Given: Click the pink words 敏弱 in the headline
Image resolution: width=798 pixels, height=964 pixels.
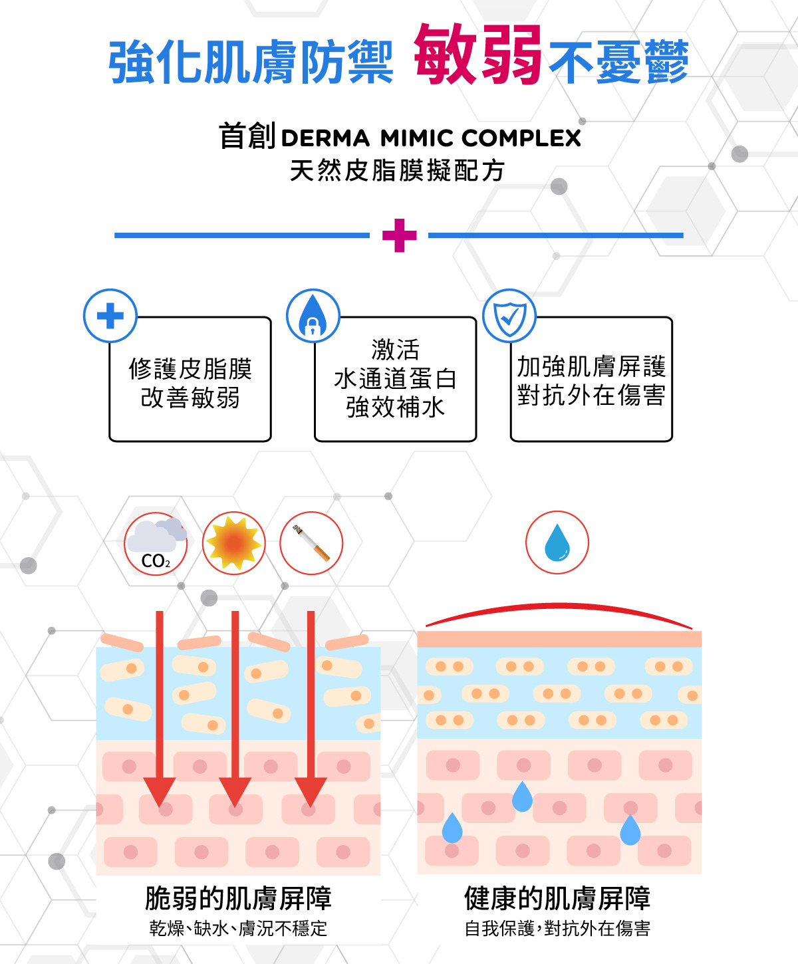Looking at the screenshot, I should tap(477, 56).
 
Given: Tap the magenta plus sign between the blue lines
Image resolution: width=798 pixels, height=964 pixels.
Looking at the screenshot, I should tap(399, 235).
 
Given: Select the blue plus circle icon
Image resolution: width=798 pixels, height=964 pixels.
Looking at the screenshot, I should tap(110, 316).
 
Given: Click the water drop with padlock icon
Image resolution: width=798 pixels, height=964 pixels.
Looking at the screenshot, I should tap(313, 316).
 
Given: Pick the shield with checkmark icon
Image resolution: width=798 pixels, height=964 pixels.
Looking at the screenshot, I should tap(509, 316).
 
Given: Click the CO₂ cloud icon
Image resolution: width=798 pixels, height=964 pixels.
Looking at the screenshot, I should tap(156, 543).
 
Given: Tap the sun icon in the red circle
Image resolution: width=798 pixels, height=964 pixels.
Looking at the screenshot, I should tap(233, 543).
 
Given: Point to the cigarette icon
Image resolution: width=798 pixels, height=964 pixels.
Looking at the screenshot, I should tap(311, 543).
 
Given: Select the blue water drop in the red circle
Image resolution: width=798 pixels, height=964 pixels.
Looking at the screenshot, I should tap(557, 542).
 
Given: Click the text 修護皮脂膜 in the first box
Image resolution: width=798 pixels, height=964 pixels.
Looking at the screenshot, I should tap(190, 368).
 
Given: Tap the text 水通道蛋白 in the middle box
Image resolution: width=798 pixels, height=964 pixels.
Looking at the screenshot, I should tap(395, 378).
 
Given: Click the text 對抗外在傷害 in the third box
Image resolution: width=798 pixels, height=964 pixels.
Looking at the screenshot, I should tap(591, 395).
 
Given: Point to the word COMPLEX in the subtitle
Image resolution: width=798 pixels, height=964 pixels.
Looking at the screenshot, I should tap(521, 138).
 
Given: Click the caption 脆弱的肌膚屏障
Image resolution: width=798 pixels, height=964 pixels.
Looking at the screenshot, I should tap(238, 898).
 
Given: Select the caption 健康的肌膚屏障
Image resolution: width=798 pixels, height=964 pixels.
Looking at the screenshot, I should tap(557, 898).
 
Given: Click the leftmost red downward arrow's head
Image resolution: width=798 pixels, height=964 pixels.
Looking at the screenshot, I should tap(160, 791).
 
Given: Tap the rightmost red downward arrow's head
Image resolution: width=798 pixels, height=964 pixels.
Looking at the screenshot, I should tap(311, 791).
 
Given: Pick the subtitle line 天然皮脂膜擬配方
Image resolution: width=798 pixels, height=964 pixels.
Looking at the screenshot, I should tap(397, 171).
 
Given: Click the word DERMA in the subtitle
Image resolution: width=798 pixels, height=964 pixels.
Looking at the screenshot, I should tap(325, 138).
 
